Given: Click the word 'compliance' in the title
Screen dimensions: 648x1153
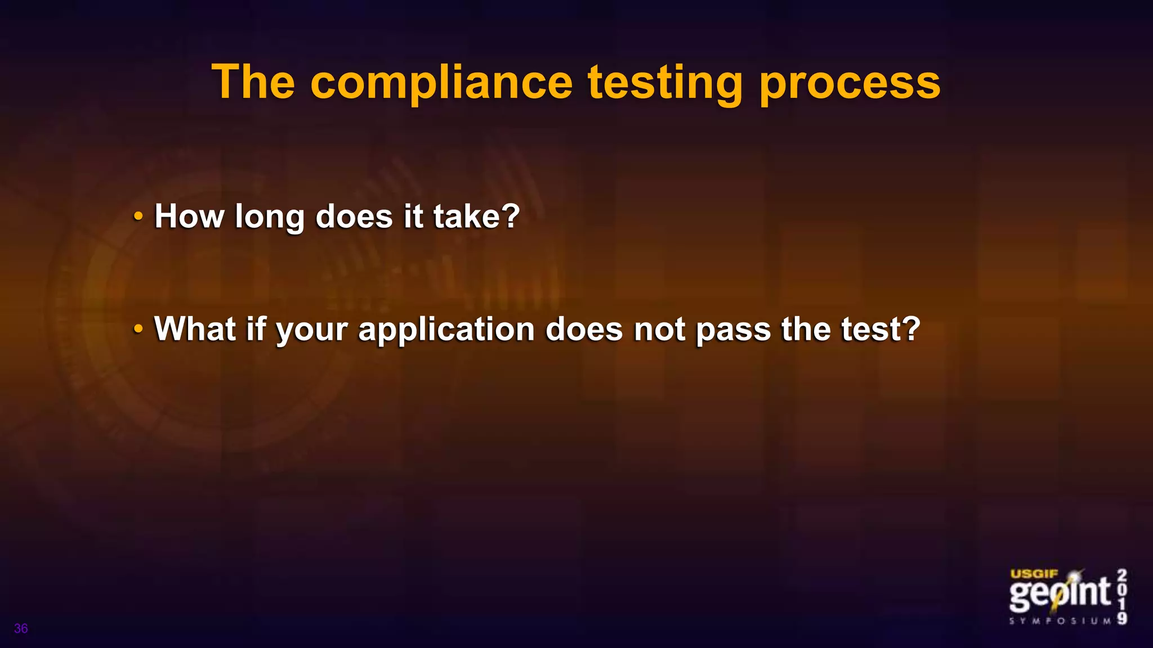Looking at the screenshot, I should [441, 83].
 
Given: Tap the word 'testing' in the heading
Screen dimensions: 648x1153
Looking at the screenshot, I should [665, 83].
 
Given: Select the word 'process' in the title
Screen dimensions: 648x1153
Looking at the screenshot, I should [850, 83].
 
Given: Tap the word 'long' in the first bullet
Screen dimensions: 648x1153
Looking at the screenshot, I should [269, 217].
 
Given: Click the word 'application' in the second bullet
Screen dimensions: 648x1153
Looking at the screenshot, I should [446, 330].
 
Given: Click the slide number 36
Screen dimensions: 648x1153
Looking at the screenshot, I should [21, 628].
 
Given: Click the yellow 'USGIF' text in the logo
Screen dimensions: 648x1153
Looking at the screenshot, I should [1034, 574].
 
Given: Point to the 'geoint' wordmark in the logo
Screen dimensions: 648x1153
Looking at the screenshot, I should [1060, 594].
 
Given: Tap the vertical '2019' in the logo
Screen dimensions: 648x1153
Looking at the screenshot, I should [1122, 596].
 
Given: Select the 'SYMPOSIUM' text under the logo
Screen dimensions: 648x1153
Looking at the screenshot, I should [1060, 621].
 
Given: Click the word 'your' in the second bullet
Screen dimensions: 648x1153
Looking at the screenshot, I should [311, 330].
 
